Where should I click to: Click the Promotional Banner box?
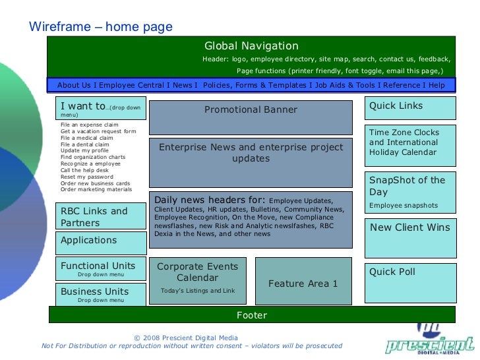pyautogui.click(x=251, y=117)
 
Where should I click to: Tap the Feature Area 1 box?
pyautogui.click(x=303, y=281)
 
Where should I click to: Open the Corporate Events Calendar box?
pyautogui.click(x=198, y=280)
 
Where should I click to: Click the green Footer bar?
pyautogui.click(x=251, y=315)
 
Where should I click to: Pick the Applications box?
pyautogui.click(x=100, y=241)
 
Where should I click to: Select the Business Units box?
pyautogui.click(x=100, y=294)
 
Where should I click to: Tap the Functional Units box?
pyautogui.click(x=100, y=269)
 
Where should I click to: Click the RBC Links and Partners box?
pyautogui.click(x=100, y=216)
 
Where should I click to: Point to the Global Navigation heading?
pyautogui.click(x=251, y=46)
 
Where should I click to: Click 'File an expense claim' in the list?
pyautogui.click(x=90, y=125)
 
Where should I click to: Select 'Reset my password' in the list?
pyautogui.click(x=87, y=177)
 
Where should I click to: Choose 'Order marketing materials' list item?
pyautogui.click(x=96, y=189)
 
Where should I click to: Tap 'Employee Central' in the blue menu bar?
pyautogui.click(x=131, y=85)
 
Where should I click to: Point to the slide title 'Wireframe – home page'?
pyautogui.click(x=101, y=27)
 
